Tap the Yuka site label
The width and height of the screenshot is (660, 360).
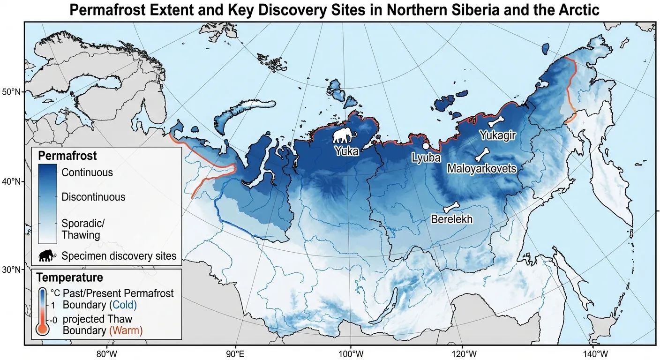coord(346,151)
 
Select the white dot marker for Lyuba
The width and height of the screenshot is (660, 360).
coord(426,146)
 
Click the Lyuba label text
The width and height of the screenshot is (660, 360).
coord(426,158)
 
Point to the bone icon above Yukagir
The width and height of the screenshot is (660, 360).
coord(495,122)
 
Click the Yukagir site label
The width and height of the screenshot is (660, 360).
coord(497,135)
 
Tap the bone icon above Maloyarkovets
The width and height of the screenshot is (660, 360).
coord(482,155)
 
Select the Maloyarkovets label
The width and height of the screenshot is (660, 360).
coord(481,168)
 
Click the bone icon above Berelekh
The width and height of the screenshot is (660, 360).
coord(451,207)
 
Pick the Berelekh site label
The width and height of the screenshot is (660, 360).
coord(451,219)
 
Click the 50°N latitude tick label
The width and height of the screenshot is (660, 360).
coord(12,91)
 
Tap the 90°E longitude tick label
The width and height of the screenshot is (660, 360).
coord(235,353)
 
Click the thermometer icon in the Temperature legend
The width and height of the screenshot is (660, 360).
coord(42,312)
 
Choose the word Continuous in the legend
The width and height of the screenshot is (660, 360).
coord(87,172)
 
